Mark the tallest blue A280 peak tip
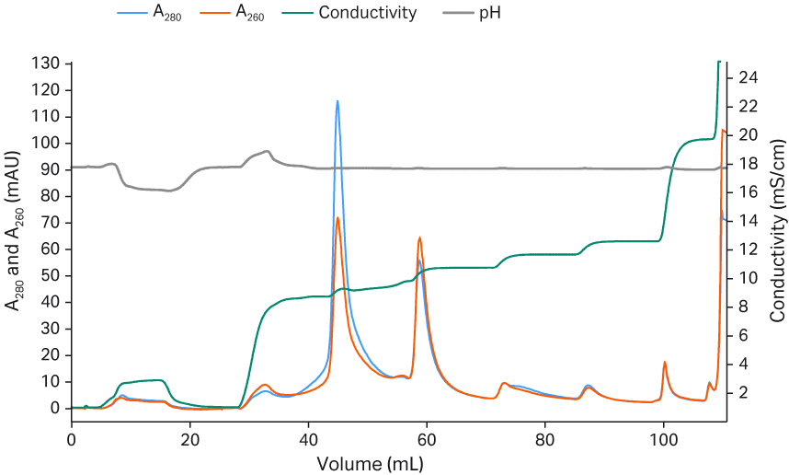337,101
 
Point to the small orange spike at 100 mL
664,362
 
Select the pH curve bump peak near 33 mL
267,151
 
